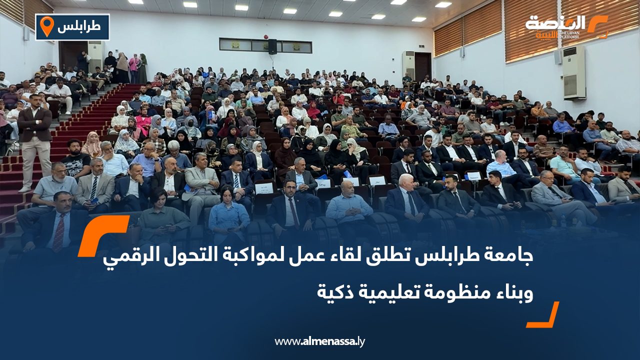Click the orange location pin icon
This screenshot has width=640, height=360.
(46, 26)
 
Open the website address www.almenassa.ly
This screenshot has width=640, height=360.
(320, 341)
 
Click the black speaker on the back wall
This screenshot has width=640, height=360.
(272, 46)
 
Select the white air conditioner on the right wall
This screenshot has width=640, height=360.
(573, 72)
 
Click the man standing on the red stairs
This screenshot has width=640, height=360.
(34, 140)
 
